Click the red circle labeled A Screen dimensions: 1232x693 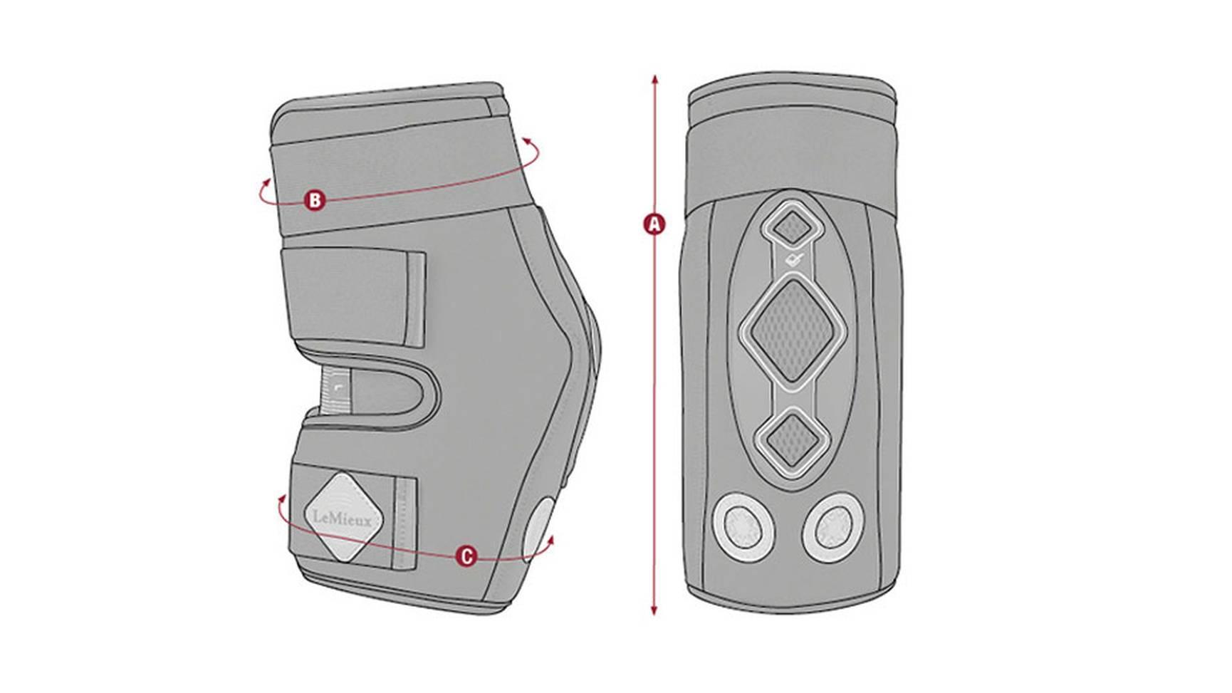tap(654, 224)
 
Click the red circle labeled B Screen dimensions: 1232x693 tap(315, 200)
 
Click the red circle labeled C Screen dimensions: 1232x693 tap(466, 556)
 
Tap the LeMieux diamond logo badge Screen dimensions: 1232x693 tap(343, 518)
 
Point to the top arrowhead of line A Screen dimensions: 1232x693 tap(654, 78)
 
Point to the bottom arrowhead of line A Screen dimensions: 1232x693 tap(654, 611)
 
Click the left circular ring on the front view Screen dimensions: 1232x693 tap(743, 528)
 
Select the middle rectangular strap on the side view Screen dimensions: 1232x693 tap(354, 297)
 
